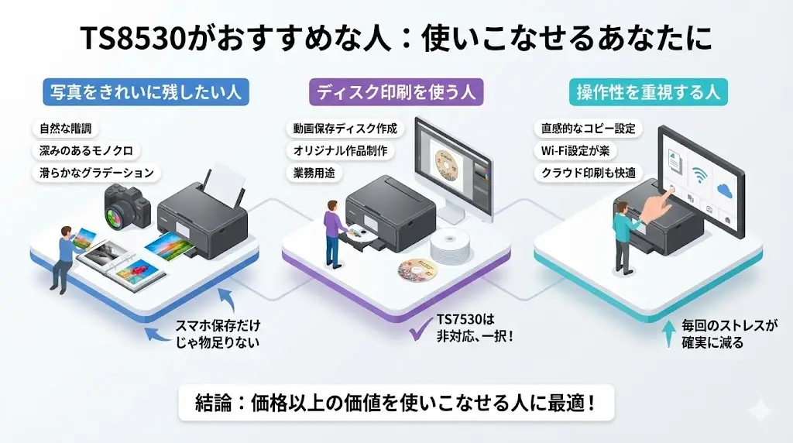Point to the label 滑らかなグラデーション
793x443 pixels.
tap(96, 172)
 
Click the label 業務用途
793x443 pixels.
tap(314, 172)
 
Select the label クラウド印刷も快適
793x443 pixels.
tap(587, 172)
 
